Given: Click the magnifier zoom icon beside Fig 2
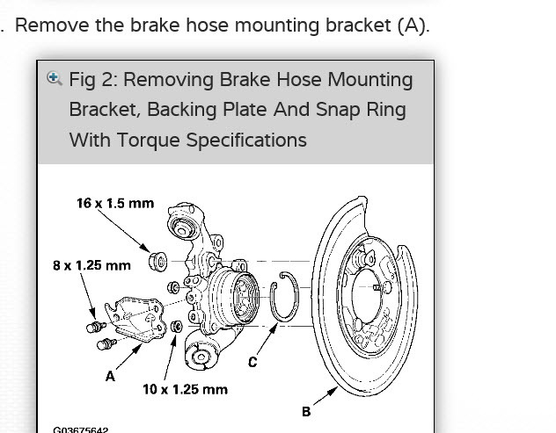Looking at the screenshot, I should [x=55, y=78].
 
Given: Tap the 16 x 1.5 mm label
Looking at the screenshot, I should [x=114, y=203].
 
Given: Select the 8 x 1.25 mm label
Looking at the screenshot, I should [x=91, y=264].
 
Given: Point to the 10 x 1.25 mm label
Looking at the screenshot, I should [x=185, y=389].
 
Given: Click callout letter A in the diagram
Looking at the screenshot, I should [x=110, y=376].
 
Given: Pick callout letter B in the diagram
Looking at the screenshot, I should [x=306, y=411].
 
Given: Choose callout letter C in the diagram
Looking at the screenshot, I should [x=252, y=362].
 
